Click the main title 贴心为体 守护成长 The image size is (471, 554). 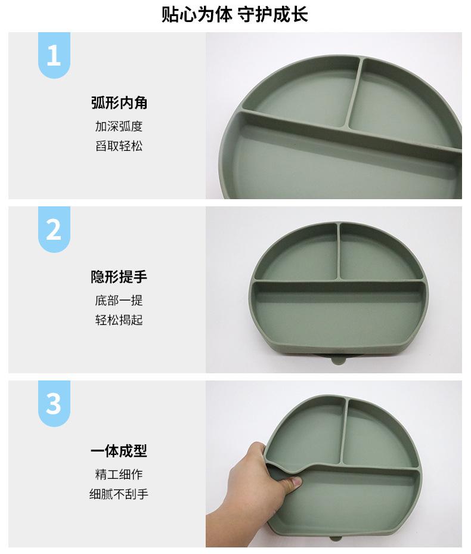click(235, 15)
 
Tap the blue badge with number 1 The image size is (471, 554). click(54, 55)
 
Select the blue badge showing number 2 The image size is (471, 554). click(54, 230)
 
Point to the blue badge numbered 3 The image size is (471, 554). click(54, 404)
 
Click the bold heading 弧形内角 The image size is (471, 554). click(119, 103)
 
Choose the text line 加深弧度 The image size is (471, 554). click(119, 126)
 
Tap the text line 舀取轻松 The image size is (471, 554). click(119, 146)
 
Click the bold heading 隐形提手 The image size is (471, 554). click(119, 277)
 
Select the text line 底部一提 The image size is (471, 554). click(119, 301)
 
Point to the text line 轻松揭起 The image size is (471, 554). click(119, 320)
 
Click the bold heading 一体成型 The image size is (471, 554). click(119, 451)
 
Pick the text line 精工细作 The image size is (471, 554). click(119, 474)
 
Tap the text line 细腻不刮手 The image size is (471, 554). click(119, 494)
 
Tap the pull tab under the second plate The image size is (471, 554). click(339, 361)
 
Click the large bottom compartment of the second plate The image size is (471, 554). click(339, 312)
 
